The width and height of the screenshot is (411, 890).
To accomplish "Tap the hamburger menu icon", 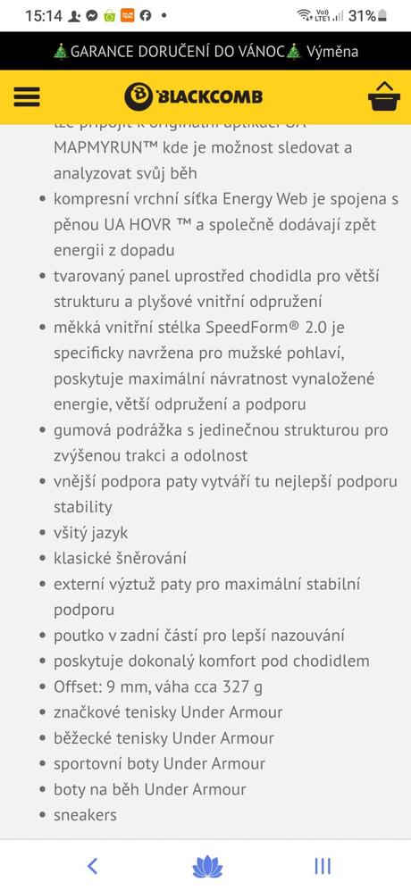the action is [x=28, y=96].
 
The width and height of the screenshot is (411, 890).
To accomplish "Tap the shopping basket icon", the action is [x=383, y=96].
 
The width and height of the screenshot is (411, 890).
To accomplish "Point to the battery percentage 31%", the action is [x=361, y=15].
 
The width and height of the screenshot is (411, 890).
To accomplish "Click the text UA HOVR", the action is [x=128, y=225].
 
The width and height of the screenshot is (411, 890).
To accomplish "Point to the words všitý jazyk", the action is [x=90, y=533].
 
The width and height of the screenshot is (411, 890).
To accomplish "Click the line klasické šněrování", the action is [x=120, y=559].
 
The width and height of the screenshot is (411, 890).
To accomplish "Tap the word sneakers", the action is [x=85, y=815].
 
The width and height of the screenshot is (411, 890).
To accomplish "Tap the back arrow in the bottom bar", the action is [x=92, y=865].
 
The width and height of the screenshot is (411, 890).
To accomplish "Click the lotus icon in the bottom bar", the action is [x=207, y=866].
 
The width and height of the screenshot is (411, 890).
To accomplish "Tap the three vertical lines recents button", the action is [x=323, y=865].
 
